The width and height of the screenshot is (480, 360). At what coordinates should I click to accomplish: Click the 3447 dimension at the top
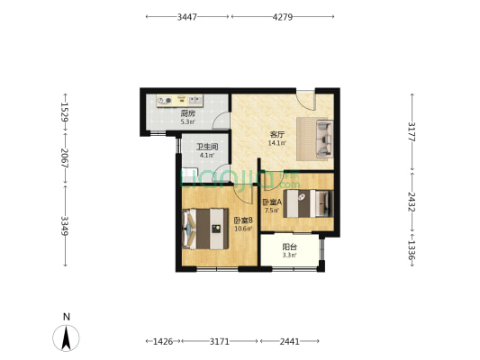[187, 17]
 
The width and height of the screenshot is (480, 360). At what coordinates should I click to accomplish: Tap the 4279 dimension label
[283, 17]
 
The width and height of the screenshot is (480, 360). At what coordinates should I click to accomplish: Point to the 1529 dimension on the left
[65, 112]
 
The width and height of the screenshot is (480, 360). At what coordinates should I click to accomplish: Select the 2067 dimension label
[65, 158]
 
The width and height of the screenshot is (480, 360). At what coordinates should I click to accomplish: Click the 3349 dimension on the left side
[65, 226]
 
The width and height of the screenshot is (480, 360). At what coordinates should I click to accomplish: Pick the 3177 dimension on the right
[412, 131]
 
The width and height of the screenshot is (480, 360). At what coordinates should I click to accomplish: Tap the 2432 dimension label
[412, 202]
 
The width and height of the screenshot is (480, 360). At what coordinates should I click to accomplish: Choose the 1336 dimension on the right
[412, 249]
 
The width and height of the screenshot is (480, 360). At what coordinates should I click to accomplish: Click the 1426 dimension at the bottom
[163, 341]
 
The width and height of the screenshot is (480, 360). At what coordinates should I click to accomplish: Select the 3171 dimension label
[219, 341]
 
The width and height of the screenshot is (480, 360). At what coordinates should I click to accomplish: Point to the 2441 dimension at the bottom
[290, 341]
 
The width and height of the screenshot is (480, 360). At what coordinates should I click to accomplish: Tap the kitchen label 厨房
[187, 114]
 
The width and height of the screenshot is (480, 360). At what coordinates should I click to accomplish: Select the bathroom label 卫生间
[207, 147]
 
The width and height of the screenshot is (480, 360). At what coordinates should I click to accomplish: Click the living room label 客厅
[277, 135]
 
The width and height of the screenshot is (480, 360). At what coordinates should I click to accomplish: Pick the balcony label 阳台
[289, 247]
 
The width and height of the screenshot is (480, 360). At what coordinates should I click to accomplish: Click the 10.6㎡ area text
[243, 229]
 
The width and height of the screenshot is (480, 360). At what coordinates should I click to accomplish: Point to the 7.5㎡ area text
[272, 210]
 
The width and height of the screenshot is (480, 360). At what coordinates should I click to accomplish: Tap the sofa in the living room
[324, 139]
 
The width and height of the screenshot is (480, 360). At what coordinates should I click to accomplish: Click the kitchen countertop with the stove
[180, 101]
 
